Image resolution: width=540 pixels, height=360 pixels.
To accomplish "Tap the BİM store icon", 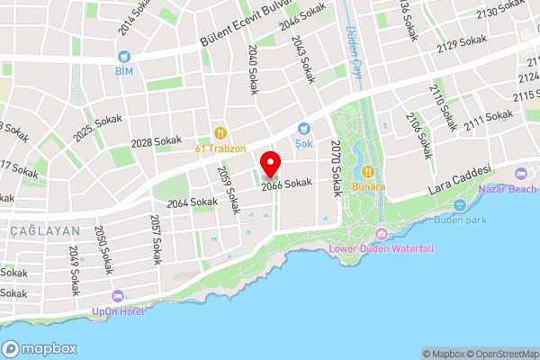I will point(122,54).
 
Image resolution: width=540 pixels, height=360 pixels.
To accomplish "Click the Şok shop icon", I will point(303,130).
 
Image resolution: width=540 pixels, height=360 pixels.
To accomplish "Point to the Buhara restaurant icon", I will point(367,172).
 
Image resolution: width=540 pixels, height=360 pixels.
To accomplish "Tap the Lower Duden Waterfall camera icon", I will point(382,234).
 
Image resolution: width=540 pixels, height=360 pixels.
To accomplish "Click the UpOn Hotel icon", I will point(117,296).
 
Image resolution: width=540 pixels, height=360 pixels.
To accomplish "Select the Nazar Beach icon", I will point(519,173).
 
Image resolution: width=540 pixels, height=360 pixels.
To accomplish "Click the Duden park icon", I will point(459,204).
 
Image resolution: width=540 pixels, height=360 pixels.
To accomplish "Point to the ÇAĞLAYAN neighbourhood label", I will point(45,231).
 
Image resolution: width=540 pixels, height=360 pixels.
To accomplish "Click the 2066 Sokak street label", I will point(286,183).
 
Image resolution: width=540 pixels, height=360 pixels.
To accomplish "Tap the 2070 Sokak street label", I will point(337,168).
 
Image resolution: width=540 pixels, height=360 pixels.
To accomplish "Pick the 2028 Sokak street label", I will point(156,142).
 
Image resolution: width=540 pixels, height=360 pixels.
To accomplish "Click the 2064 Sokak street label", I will point(192,202).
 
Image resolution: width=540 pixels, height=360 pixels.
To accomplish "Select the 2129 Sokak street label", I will point(461,43).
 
